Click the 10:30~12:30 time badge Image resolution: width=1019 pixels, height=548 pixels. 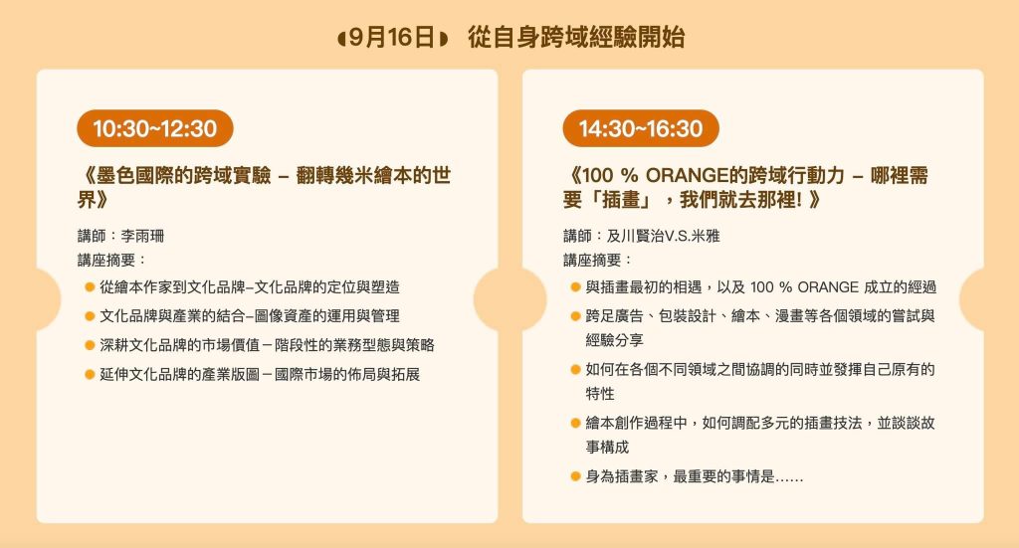coord(154,128)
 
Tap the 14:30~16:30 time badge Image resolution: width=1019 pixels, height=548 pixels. coord(641,128)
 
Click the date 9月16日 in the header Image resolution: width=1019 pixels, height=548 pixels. coord(392,38)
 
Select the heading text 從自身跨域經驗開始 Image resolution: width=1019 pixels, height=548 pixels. coord(576,38)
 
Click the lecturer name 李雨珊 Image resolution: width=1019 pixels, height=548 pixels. coord(142,236)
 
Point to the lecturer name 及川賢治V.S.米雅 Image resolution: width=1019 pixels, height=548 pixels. coord(663,236)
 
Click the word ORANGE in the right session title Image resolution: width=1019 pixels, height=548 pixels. coord(687,175)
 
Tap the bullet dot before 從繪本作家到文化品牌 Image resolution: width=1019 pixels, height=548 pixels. coord(90,287)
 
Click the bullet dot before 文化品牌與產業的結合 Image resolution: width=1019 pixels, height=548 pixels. coord(90,316)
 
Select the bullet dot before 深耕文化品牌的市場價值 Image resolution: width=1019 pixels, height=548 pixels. coord(90,345)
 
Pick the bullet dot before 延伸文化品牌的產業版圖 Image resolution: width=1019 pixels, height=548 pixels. coord(90,375)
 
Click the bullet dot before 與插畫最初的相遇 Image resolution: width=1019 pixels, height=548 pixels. coord(575,287)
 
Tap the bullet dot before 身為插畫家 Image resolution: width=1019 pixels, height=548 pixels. coord(575,476)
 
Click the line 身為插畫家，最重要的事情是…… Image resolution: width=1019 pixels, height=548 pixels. coord(694,476)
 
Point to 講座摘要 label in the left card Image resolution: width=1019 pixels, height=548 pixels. coord(105,261)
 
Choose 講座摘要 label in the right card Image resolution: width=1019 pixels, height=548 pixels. coord(591,261)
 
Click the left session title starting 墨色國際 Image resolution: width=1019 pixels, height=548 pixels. coord(264,188)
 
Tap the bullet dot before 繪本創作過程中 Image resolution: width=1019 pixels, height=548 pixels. coord(575,424)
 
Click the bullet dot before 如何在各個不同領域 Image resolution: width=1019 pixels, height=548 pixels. coord(575,369)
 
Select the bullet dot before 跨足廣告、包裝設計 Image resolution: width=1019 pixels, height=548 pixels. coord(575,316)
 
